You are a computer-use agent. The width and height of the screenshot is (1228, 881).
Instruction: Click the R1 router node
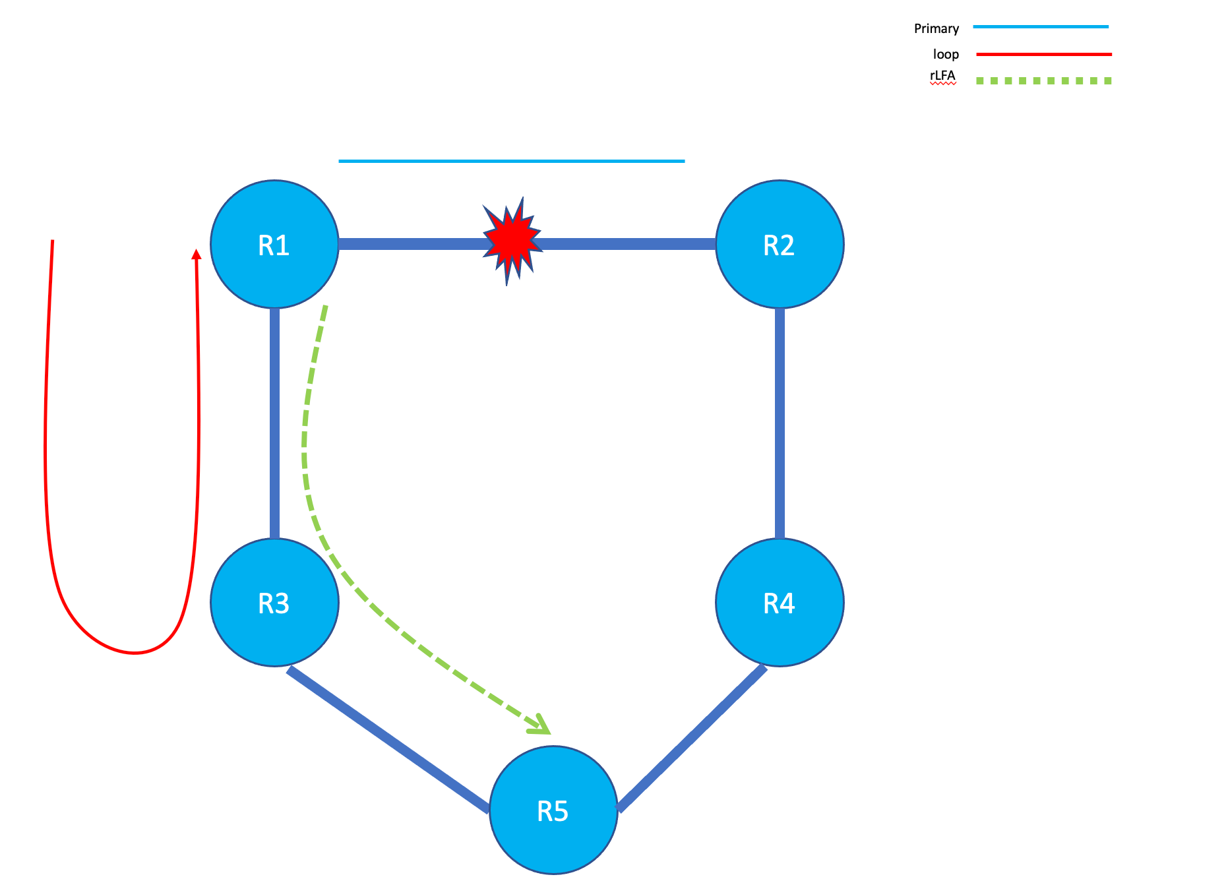[274, 245]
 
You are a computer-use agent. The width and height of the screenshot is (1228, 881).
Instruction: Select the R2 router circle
[780, 245]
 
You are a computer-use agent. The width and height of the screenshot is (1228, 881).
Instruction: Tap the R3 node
[274, 603]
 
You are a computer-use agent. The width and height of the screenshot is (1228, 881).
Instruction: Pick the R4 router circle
[780, 603]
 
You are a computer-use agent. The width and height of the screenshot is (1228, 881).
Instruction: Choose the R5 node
[553, 810]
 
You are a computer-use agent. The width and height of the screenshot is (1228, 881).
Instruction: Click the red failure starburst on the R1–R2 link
[512, 241]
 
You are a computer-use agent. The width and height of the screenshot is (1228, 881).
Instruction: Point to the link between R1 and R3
[274, 422]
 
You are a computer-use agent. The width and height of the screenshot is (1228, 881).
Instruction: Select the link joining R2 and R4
[780, 422]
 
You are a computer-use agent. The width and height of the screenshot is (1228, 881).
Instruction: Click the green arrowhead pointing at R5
[541, 726]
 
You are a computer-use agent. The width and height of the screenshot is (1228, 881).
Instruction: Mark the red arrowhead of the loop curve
[196, 254]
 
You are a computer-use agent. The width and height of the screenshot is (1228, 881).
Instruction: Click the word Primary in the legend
[936, 28]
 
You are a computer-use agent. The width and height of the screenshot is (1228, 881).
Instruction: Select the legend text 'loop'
[946, 54]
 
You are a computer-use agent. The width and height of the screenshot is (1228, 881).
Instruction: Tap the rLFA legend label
[942, 76]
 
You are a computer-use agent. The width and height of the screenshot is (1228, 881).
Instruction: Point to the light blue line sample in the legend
[1041, 27]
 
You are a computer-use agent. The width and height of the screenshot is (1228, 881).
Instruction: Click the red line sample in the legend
[1043, 54]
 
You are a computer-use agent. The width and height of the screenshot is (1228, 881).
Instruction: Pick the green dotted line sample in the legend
[1043, 80]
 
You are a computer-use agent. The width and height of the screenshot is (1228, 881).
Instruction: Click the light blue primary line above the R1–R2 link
[511, 161]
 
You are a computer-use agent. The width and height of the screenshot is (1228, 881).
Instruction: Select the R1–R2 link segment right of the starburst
[627, 244]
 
